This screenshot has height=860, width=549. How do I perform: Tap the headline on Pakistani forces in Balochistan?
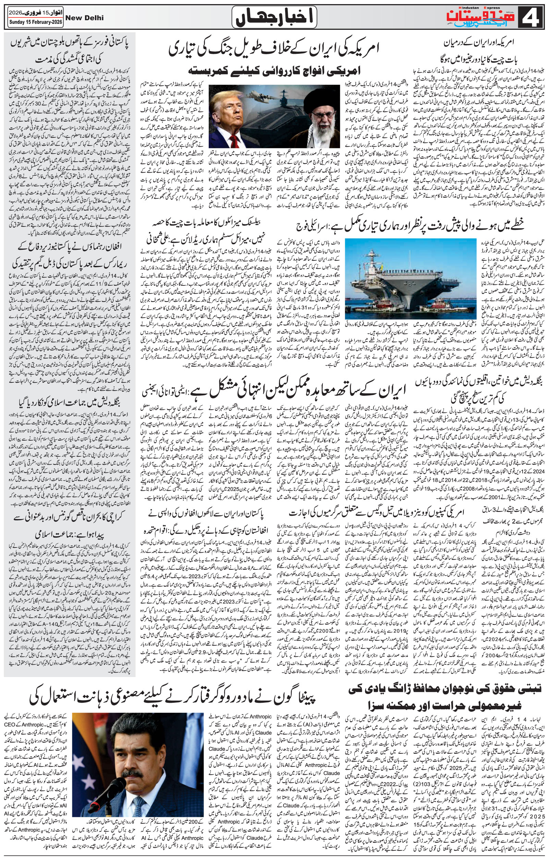(x=71, y=50)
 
